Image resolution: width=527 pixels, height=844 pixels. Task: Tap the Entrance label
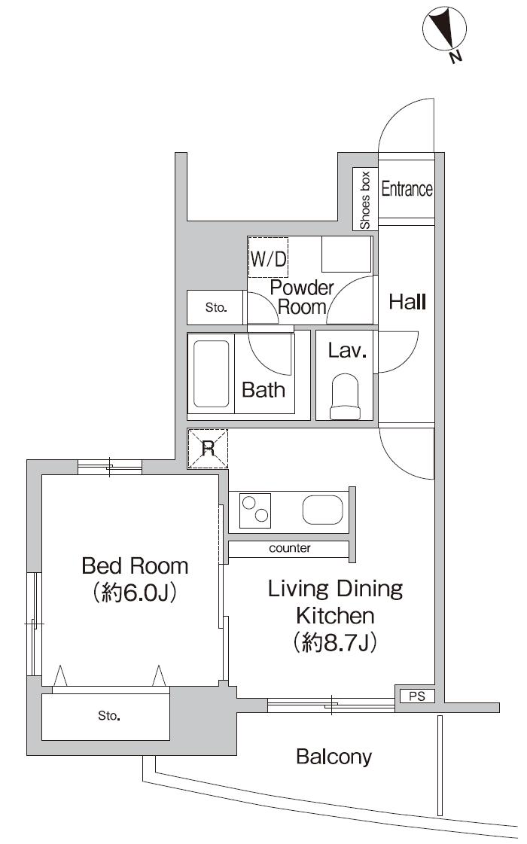(x=407, y=189)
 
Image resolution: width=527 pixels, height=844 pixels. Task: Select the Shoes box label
(x=365, y=200)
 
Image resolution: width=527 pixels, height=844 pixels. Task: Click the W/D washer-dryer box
(x=269, y=260)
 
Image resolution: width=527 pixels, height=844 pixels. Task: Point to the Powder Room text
(x=302, y=297)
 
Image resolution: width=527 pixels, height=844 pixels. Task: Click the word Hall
(x=407, y=303)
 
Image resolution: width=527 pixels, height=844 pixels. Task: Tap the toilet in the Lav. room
(x=346, y=397)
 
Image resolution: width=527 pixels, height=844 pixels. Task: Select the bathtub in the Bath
(x=212, y=373)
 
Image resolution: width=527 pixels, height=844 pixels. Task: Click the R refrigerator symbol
(x=207, y=449)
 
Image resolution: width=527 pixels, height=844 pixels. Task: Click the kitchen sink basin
(x=323, y=510)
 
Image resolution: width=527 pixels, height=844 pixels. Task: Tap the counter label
(x=290, y=549)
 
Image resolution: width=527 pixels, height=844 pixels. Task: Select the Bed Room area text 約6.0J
(x=135, y=593)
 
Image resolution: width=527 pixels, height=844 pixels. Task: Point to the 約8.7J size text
(x=335, y=643)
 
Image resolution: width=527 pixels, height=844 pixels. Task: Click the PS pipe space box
(x=416, y=696)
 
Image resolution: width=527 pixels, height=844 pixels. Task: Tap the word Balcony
(x=334, y=757)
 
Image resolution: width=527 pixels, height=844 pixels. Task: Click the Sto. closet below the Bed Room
(x=106, y=716)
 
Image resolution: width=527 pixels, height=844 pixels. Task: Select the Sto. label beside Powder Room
(x=216, y=307)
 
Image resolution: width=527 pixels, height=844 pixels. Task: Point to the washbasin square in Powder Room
(x=346, y=254)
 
